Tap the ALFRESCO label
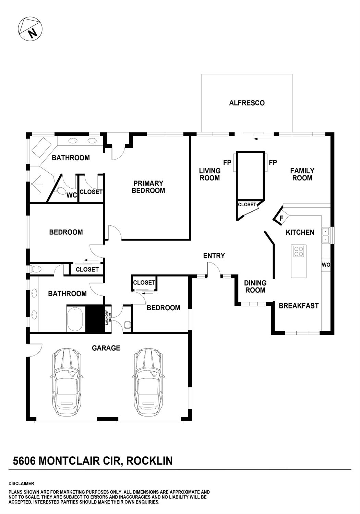pos(247,103)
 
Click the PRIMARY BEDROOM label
pos(148,187)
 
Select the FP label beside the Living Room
pos(227,163)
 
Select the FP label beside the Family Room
pos(273,163)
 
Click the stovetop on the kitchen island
pos(299,252)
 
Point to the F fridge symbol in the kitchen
pos(281,218)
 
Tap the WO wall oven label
pos(326,265)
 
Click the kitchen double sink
pos(325,235)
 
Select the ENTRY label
pos(214,256)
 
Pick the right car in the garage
pos(148,382)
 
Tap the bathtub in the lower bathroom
pos(75,319)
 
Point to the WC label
pos(71,195)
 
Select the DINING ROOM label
pos(255,287)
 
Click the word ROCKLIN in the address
pos(149,461)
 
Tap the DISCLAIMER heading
pos(21,483)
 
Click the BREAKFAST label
pos(299,306)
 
